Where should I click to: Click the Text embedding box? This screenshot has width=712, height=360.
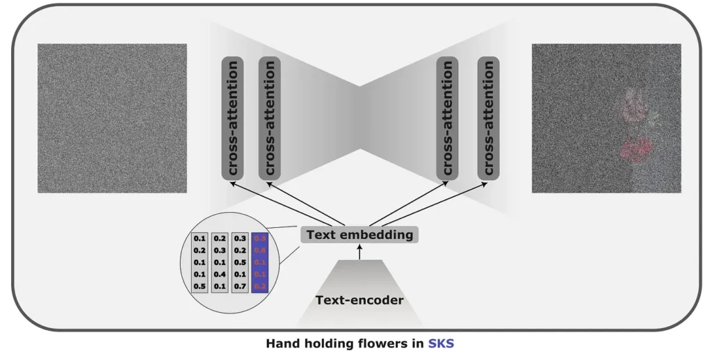[359, 235]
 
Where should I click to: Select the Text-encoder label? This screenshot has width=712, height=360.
[358, 300]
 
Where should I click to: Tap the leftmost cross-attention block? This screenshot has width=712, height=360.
[233, 118]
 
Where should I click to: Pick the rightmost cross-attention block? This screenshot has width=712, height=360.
[489, 118]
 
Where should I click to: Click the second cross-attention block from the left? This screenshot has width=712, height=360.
[270, 118]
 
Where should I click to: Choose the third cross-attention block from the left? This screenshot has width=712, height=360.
[448, 118]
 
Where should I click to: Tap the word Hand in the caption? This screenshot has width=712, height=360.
[283, 343]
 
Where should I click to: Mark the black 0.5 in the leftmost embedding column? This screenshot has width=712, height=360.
[200, 286]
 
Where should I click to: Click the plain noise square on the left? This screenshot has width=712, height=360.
[112, 118]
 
